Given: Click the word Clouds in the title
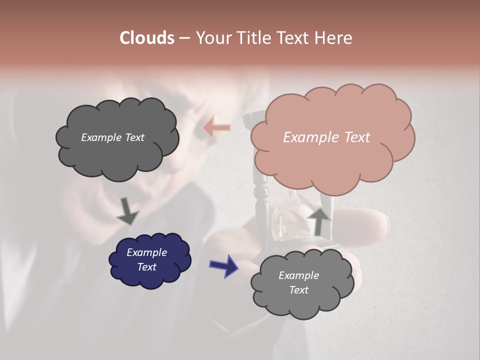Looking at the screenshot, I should [147, 38].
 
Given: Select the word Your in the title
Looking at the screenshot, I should [213, 38].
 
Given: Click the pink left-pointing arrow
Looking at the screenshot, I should [217, 128].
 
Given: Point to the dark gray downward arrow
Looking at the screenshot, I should [127, 211].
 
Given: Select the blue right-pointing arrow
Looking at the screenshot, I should [223, 265].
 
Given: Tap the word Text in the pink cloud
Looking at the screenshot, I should [357, 137].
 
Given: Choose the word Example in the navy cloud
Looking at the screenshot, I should [146, 252].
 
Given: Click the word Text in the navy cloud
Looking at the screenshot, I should [146, 267].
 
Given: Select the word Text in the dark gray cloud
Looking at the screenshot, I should [134, 137].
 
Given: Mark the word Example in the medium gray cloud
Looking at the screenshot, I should [298, 275].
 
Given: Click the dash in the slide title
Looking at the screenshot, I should [184, 38].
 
